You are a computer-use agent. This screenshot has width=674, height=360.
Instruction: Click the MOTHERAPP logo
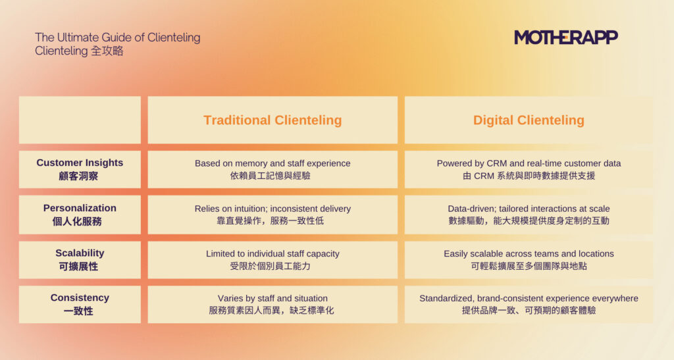point(565,38)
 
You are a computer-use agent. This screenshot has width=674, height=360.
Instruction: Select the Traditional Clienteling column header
point(272,120)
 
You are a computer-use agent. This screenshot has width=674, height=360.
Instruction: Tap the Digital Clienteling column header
point(529,120)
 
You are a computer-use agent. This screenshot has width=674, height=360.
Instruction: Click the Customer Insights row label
point(80,169)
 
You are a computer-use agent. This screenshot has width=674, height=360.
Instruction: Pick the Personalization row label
point(80,215)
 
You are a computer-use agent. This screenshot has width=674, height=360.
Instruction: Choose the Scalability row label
point(80,259)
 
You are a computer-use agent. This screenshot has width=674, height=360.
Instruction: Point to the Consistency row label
point(80,304)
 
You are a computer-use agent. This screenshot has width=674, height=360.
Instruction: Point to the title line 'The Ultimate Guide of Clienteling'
point(117,38)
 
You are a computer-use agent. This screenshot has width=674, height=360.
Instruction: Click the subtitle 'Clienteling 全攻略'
point(79,51)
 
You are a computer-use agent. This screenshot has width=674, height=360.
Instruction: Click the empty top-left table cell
point(80,120)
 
